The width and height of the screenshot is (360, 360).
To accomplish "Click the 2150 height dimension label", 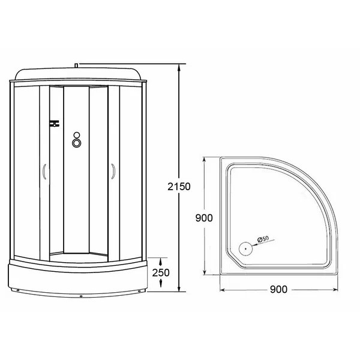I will coord(179,186).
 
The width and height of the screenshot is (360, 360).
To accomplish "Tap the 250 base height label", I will coord(161,272).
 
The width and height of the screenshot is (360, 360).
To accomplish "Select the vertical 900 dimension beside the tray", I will coord(204,218).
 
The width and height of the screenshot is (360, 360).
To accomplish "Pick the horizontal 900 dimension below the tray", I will coord(277,289).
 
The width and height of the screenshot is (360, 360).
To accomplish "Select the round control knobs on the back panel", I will coord(77,139).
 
